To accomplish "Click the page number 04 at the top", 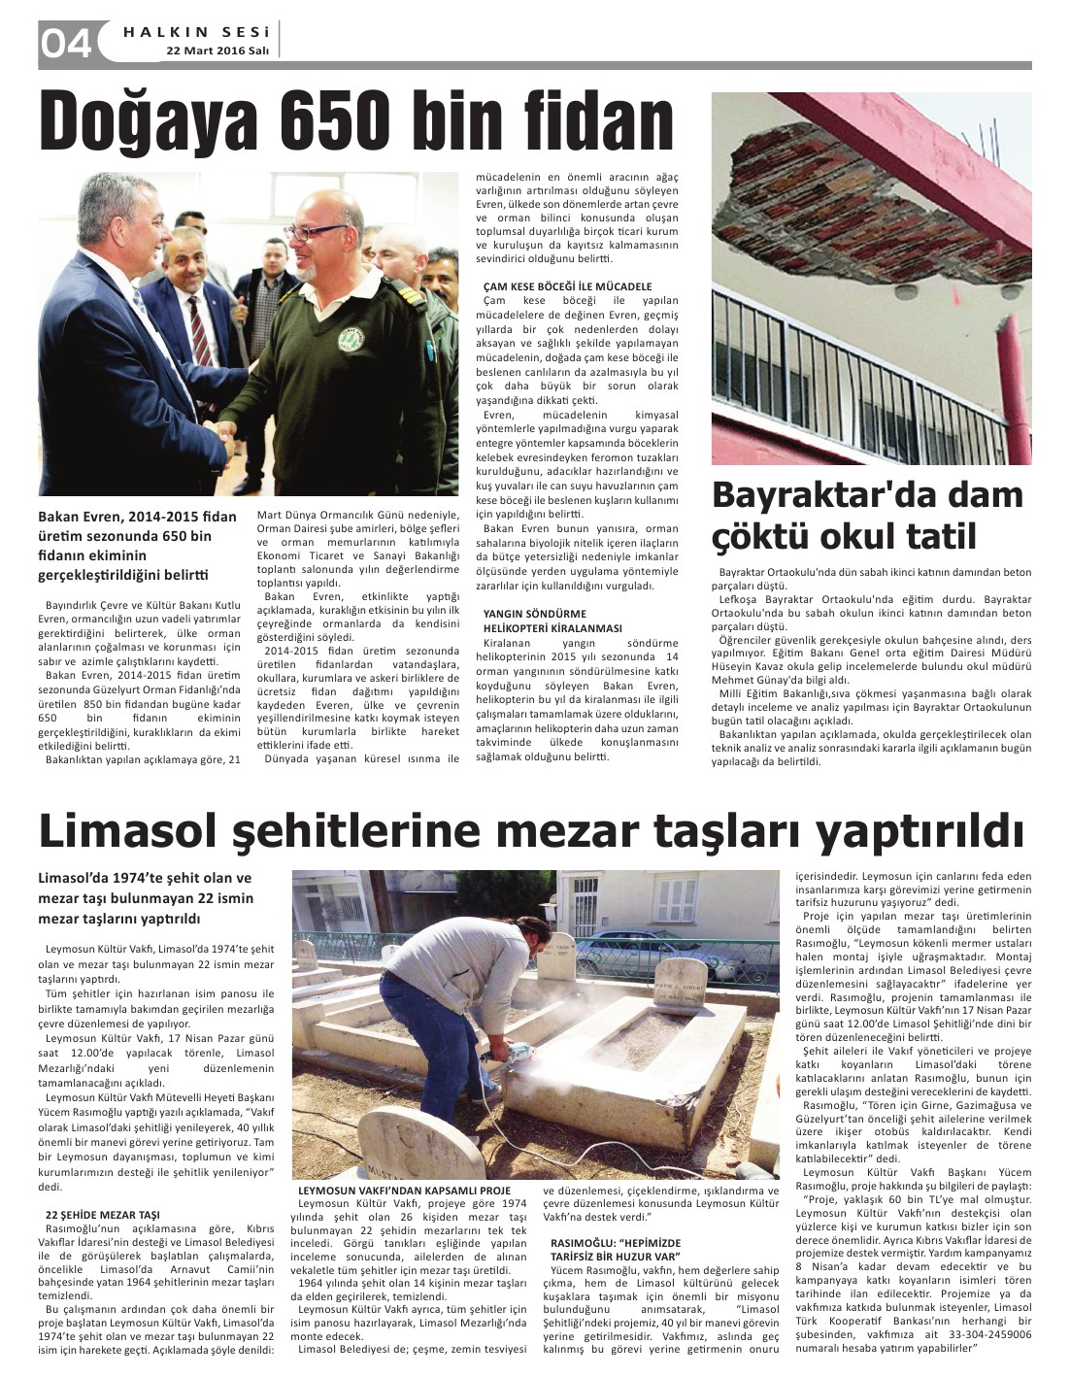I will [65, 44].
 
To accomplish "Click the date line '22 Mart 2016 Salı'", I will [217, 50].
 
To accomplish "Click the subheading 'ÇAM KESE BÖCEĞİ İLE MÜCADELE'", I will [567, 286].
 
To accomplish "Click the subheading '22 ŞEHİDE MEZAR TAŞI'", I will [102, 1214].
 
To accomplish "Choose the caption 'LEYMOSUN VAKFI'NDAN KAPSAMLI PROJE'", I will [404, 1190].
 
